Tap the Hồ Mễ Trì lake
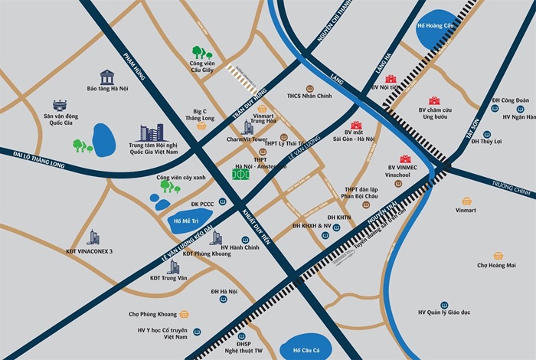click(x=182, y=221)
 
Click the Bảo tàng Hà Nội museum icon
click(x=107, y=77)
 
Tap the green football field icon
click(x=241, y=174)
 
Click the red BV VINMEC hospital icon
click(x=405, y=159)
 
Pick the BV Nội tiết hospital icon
click(x=391, y=78)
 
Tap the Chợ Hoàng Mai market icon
click(x=498, y=255)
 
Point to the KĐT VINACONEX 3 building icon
click(x=93, y=237)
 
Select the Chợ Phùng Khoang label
click(x=153, y=314)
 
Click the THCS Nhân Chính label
click(x=309, y=97)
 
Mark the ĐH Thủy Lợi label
click(x=486, y=141)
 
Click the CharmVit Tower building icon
click(x=247, y=128)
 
